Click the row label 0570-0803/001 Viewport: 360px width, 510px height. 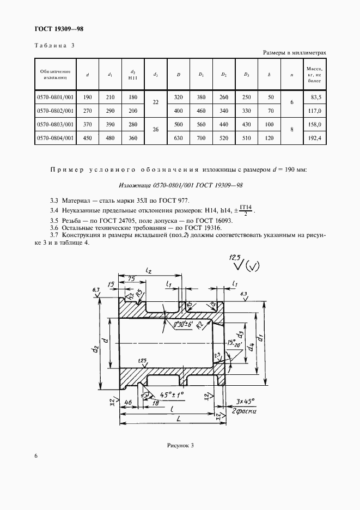pyautogui.click(x=54, y=124)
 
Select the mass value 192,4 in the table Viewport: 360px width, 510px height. pyautogui.click(x=315, y=138)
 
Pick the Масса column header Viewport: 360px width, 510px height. pyautogui.click(x=315, y=75)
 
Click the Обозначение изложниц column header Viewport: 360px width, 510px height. pyautogui.click(x=54, y=75)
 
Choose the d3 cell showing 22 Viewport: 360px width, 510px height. pyautogui.click(x=156, y=103)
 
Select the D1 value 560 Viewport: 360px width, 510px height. pyautogui.click(x=201, y=124)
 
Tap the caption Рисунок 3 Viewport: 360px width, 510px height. pyautogui.click(x=180, y=445)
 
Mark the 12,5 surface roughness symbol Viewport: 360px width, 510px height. pyautogui.click(x=235, y=257)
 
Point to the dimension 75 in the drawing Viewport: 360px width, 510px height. pyautogui.click(x=131, y=279)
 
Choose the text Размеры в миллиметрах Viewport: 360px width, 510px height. pyautogui.click(x=295, y=53)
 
